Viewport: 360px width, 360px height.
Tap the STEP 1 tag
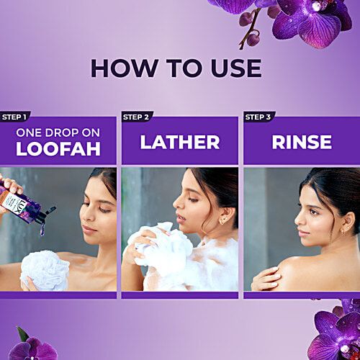14,117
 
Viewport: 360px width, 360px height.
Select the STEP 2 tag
136,117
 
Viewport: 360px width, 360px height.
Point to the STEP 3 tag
258,117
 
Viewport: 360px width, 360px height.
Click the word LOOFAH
58,149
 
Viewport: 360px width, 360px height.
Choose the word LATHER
180,142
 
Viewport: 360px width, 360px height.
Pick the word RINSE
302,142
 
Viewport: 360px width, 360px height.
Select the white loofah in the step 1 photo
45,271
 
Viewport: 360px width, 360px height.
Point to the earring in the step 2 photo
222,221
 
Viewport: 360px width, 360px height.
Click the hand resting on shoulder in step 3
266,279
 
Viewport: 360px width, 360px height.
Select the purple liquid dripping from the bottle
42,229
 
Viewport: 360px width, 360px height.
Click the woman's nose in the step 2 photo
176,204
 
